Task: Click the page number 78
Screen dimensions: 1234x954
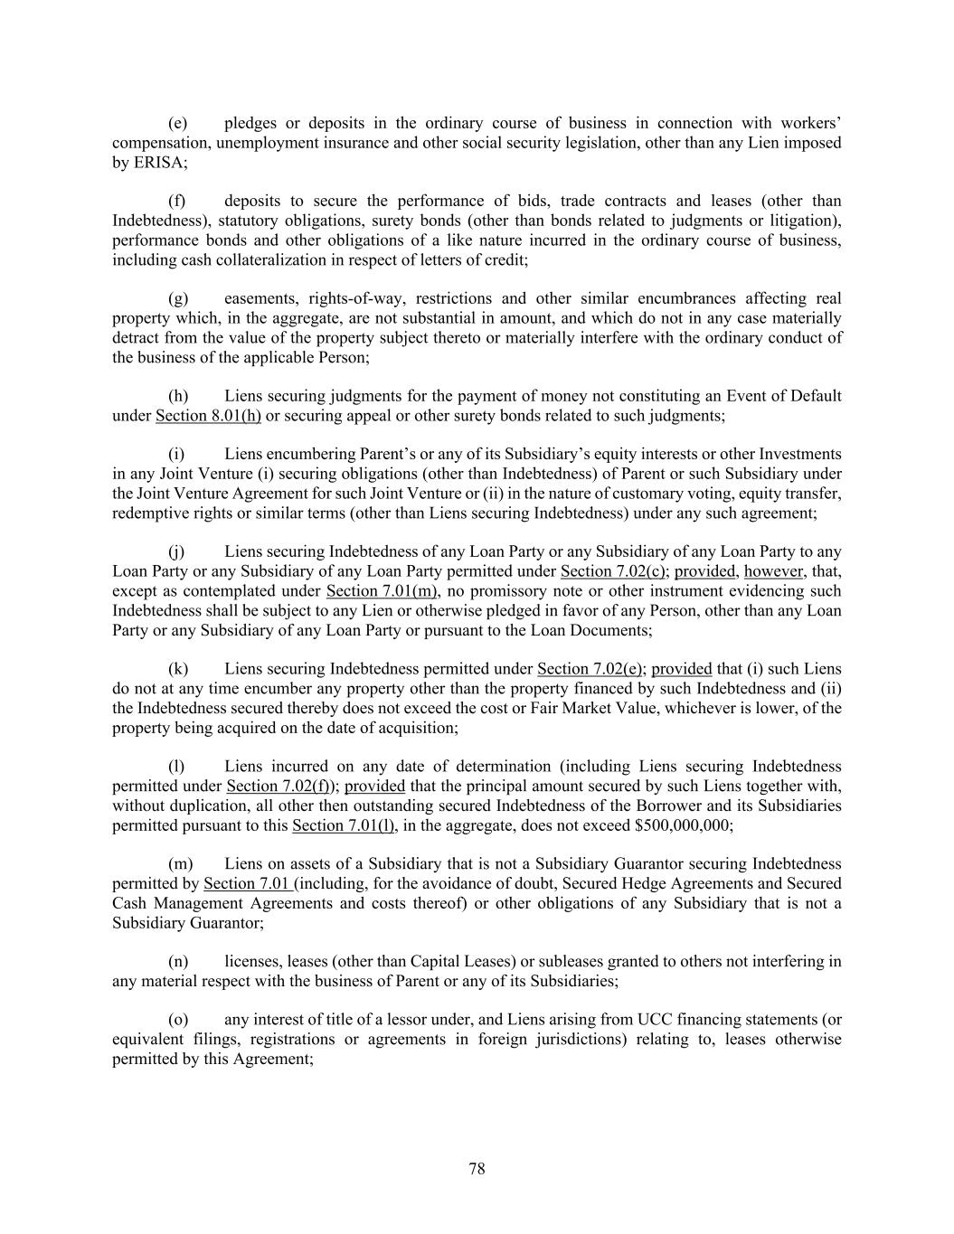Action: tap(477, 1169)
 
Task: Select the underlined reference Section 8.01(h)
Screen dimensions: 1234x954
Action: tap(208, 416)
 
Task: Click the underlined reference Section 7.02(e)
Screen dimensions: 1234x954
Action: tap(590, 669)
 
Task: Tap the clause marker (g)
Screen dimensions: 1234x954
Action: tap(178, 299)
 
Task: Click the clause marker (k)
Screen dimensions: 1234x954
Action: tap(178, 669)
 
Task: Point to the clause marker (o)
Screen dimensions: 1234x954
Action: tap(178, 1020)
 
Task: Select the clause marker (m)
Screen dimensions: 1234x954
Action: tap(181, 864)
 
